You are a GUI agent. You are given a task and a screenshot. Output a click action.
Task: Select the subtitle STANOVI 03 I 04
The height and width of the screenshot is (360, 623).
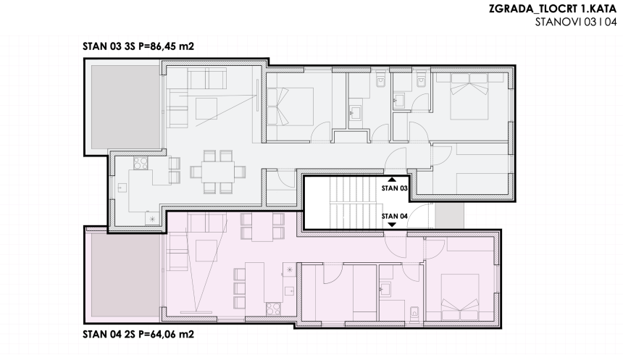[x=575, y=22]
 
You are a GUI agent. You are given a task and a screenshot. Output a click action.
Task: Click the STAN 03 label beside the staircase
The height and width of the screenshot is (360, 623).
[x=394, y=188]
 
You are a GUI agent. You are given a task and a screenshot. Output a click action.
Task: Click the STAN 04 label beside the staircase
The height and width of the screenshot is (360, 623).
[x=394, y=216]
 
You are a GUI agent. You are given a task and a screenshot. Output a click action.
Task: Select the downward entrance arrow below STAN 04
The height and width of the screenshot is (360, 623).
[x=391, y=225]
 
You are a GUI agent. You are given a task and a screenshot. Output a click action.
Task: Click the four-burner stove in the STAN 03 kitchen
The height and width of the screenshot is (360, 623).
[x=141, y=163]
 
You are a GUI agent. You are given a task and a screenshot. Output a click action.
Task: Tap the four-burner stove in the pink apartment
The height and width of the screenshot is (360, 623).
[x=273, y=308]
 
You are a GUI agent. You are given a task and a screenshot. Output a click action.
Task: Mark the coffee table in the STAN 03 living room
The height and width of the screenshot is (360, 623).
[x=204, y=109]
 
